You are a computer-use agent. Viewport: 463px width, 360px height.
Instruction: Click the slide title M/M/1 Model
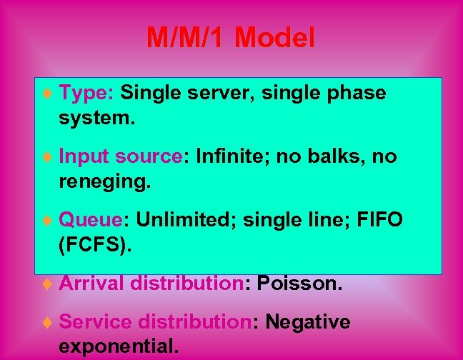coord(230,37)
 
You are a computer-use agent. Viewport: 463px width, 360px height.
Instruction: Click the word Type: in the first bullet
coord(86,93)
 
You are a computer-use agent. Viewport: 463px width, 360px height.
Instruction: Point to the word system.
coord(96,118)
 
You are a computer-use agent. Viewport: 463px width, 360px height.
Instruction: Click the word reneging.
coord(105,181)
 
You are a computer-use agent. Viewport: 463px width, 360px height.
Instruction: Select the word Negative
coord(308,322)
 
